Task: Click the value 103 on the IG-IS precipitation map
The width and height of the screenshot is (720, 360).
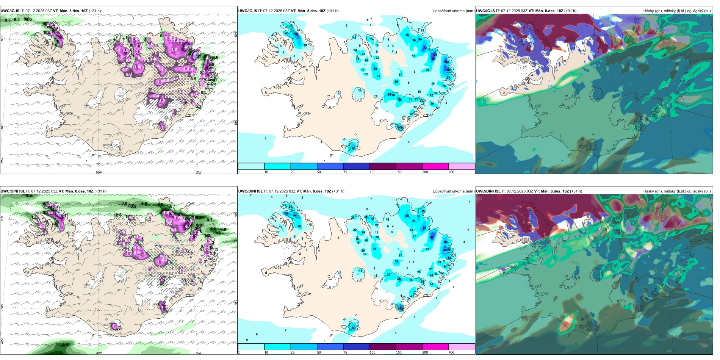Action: pyautogui.click(x=434, y=55)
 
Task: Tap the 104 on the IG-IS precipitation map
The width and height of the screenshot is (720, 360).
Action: pyautogui.click(x=446, y=62)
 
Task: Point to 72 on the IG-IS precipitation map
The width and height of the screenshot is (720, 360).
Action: pyautogui.click(x=425, y=48)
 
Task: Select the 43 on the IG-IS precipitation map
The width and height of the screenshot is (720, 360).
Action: pyautogui.click(x=354, y=148)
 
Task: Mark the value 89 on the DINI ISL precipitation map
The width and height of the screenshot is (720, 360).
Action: pyautogui.click(x=446, y=242)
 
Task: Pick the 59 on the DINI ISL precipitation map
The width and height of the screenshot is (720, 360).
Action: pyautogui.click(x=287, y=213)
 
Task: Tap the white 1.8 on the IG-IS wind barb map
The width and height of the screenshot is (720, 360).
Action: pyautogui.click(x=174, y=49)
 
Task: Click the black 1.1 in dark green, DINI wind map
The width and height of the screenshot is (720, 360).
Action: pyautogui.click(x=65, y=345)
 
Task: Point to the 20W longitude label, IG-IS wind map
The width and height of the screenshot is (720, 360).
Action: pyautogui.click(x=99, y=172)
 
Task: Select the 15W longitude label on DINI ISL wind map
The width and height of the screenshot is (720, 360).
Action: pyautogui.click(x=198, y=353)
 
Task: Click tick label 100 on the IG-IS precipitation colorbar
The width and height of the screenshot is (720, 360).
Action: pyautogui.click(x=373, y=172)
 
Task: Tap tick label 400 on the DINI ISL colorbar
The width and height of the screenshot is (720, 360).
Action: pyautogui.click(x=451, y=352)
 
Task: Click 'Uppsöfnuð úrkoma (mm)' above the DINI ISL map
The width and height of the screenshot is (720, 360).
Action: pyautogui.click(x=453, y=191)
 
